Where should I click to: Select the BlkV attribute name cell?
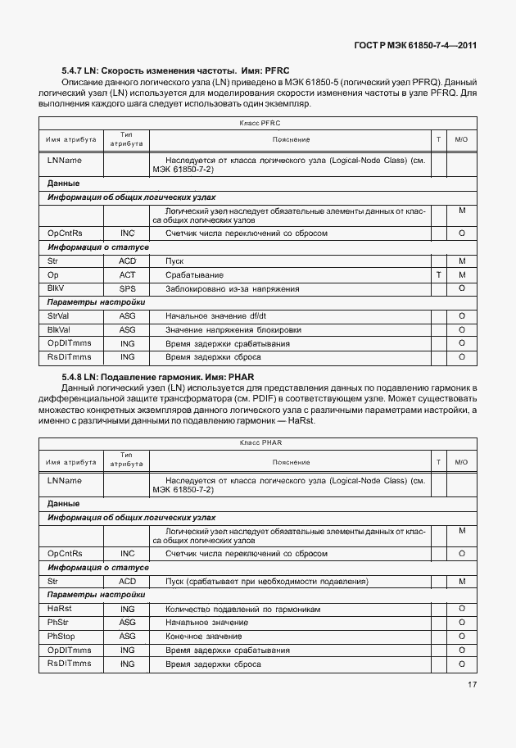[57, 288]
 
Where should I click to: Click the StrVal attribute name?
[60, 315]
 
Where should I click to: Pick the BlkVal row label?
[61, 329]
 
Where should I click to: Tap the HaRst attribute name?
[60, 608]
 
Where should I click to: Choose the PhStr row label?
[59, 622]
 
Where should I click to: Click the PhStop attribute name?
[61, 636]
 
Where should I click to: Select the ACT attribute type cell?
[127, 274]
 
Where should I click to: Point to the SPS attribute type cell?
[127, 288]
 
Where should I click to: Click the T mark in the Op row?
[439, 274]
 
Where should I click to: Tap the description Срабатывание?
[194, 274]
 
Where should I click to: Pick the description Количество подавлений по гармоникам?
[242, 609]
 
